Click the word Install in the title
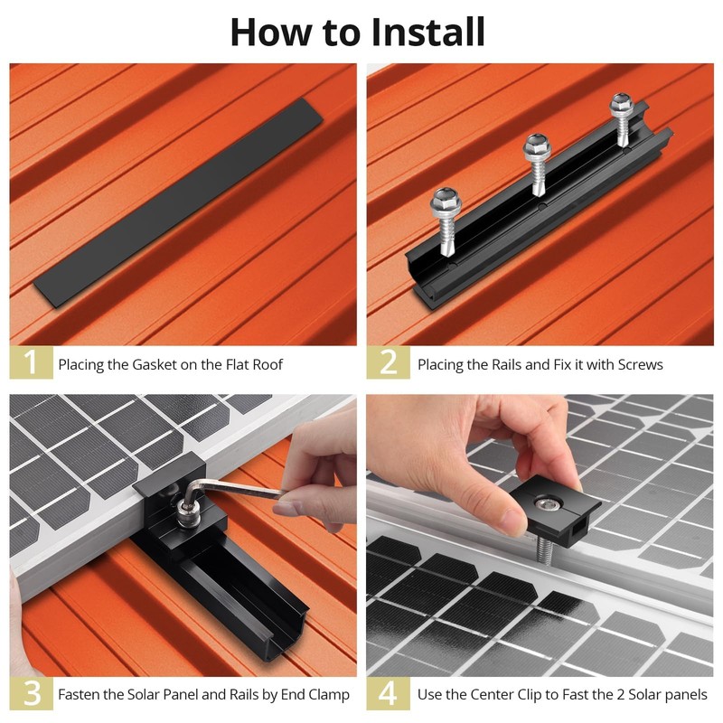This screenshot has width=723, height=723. (427, 32)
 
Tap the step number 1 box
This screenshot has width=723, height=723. (31, 362)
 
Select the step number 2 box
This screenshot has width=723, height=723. (389, 362)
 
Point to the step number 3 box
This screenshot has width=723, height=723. (31, 693)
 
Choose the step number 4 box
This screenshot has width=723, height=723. (389, 693)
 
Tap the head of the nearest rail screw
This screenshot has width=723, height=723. (445, 200)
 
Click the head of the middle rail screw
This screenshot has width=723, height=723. (537, 146)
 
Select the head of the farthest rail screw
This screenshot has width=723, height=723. (622, 104)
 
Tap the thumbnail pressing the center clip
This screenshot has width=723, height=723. (511, 520)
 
